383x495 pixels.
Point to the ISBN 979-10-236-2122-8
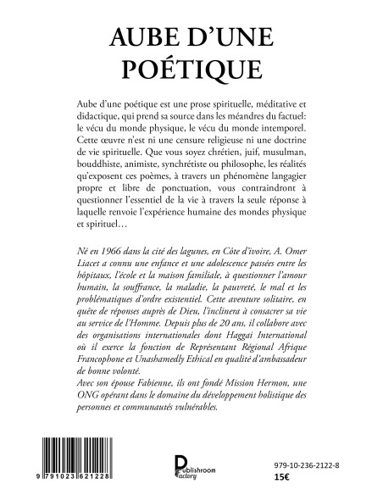pyautogui.click(x=314, y=453)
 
